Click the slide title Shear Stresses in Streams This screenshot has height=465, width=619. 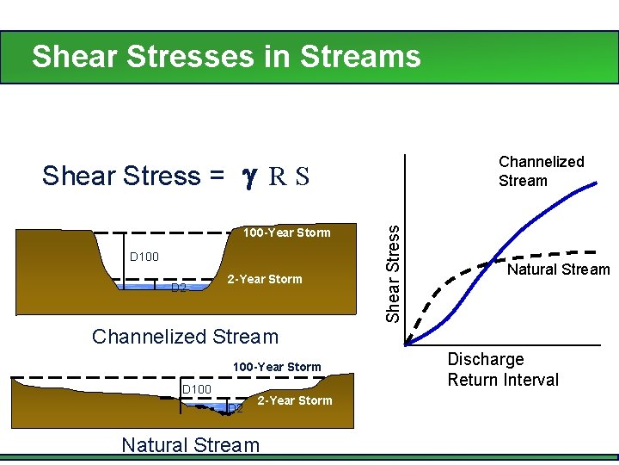[226, 57]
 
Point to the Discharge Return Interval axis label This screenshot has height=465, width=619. [503, 369]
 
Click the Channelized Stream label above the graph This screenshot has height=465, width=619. [541, 171]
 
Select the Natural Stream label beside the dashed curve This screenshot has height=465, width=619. [558, 270]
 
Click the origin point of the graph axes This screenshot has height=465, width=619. [407, 345]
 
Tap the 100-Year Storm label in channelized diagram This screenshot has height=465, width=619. [286, 232]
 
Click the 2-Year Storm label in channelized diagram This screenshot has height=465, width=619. [264, 279]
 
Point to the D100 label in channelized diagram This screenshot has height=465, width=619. [144, 257]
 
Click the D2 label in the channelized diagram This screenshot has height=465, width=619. [178, 288]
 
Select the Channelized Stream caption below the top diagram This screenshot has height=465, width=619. [185, 337]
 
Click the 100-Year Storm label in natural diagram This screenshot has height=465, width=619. [277, 367]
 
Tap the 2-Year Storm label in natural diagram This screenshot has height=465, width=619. [294, 400]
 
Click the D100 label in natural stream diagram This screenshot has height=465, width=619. [196, 390]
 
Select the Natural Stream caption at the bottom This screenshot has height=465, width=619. [190, 445]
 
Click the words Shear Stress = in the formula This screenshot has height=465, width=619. [133, 176]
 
